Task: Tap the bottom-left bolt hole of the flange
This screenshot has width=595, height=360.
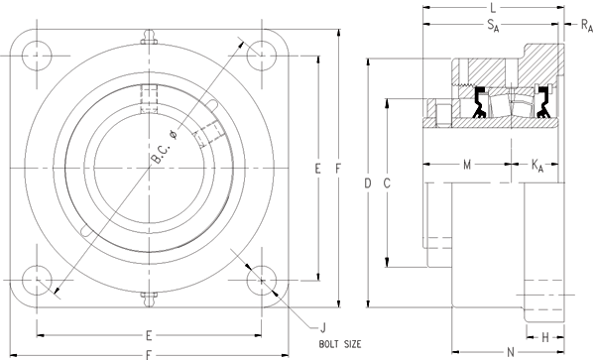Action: click(42, 279)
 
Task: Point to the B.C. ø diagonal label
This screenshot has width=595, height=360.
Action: click(162, 146)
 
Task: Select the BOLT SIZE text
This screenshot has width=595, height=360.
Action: click(339, 343)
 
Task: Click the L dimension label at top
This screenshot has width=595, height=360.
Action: click(493, 8)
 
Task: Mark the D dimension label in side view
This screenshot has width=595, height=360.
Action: click(367, 183)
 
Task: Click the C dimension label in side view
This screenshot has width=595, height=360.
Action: click(388, 183)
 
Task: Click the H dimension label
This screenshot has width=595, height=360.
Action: click(545, 337)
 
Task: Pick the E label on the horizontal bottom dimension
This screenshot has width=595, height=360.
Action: click(148, 334)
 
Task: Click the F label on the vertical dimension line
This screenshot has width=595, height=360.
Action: click(338, 170)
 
